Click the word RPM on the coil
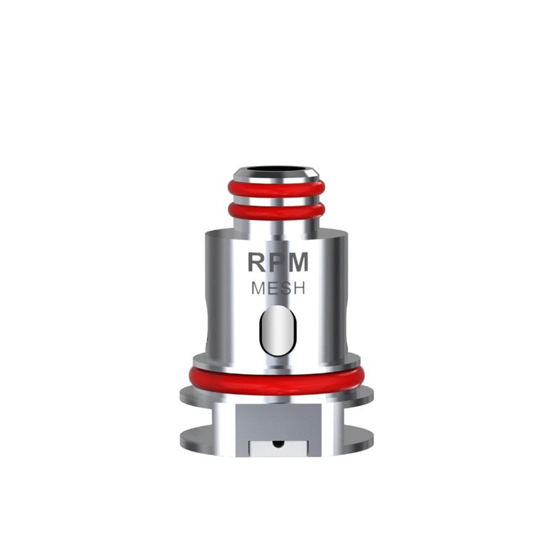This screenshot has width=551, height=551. pyautogui.click(x=277, y=262)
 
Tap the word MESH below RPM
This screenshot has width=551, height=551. pyautogui.click(x=278, y=288)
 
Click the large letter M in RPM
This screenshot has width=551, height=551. pyautogui.click(x=297, y=262)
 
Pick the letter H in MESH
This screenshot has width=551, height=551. pyautogui.click(x=299, y=288)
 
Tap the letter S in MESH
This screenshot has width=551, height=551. pyautogui.click(x=286, y=288)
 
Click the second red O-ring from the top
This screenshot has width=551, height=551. pyautogui.click(x=276, y=210)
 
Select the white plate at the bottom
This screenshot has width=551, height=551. pyautogui.click(x=278, y=447)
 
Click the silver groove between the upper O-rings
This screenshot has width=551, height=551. pyautogui.click(x=276, y=200)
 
